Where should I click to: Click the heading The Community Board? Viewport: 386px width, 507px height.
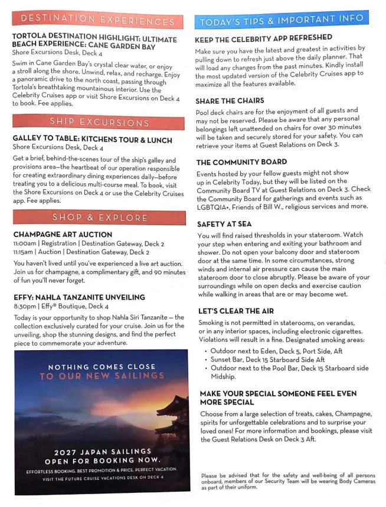click(241, 162)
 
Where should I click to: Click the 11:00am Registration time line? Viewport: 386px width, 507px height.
click(89, 243)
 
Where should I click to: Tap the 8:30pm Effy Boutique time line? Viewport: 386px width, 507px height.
click(61, 307)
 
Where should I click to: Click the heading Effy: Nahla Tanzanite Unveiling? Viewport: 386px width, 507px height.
click(79, 297)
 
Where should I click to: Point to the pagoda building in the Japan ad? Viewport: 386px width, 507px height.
click(171, 419)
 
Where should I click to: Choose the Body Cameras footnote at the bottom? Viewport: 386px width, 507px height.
click(288, 481)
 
